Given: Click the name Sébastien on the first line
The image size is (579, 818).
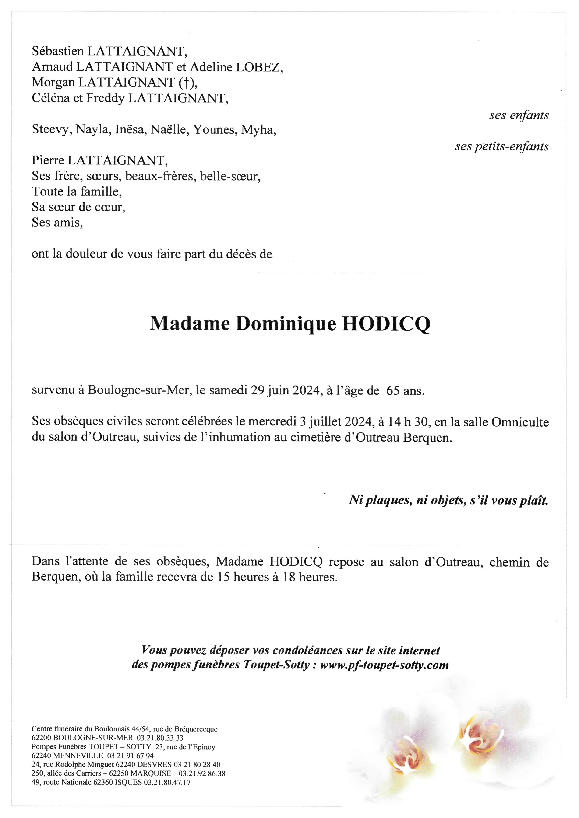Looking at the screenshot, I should tap(57, 51).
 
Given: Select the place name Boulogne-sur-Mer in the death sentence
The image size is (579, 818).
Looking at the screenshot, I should tap(138, 391).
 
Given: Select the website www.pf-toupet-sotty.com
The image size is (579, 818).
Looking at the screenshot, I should tap(384, 665).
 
